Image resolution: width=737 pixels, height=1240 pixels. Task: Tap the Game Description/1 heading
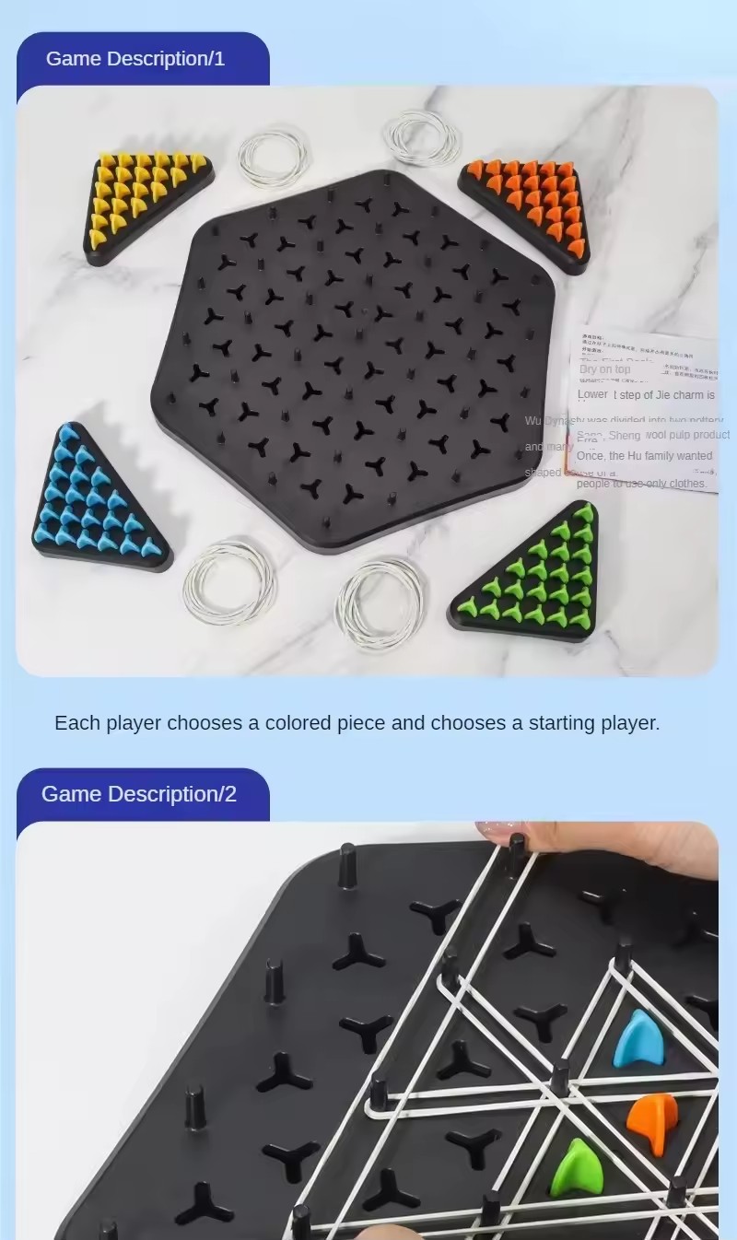(135, 59)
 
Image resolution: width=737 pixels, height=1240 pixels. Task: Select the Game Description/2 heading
(139, 794)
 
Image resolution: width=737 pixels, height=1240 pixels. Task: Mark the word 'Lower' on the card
(592, 394)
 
